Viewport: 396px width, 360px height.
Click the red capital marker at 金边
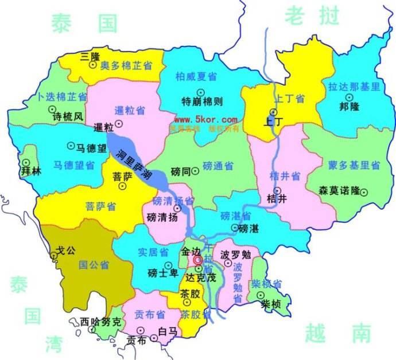click(x=197, y=260)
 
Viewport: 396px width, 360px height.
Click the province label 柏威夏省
click(x=196, y=76)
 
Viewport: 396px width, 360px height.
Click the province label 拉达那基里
click(x=354, y=87)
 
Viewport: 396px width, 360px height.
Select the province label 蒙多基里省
click(x=354, y=166)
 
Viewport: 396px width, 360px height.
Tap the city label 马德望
click(x=91, y=148)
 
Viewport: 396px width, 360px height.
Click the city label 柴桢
click(x=270, y=304)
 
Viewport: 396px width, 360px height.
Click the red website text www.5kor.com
click(x=205, y=120)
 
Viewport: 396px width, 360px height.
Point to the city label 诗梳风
click(x=68, y=116)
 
